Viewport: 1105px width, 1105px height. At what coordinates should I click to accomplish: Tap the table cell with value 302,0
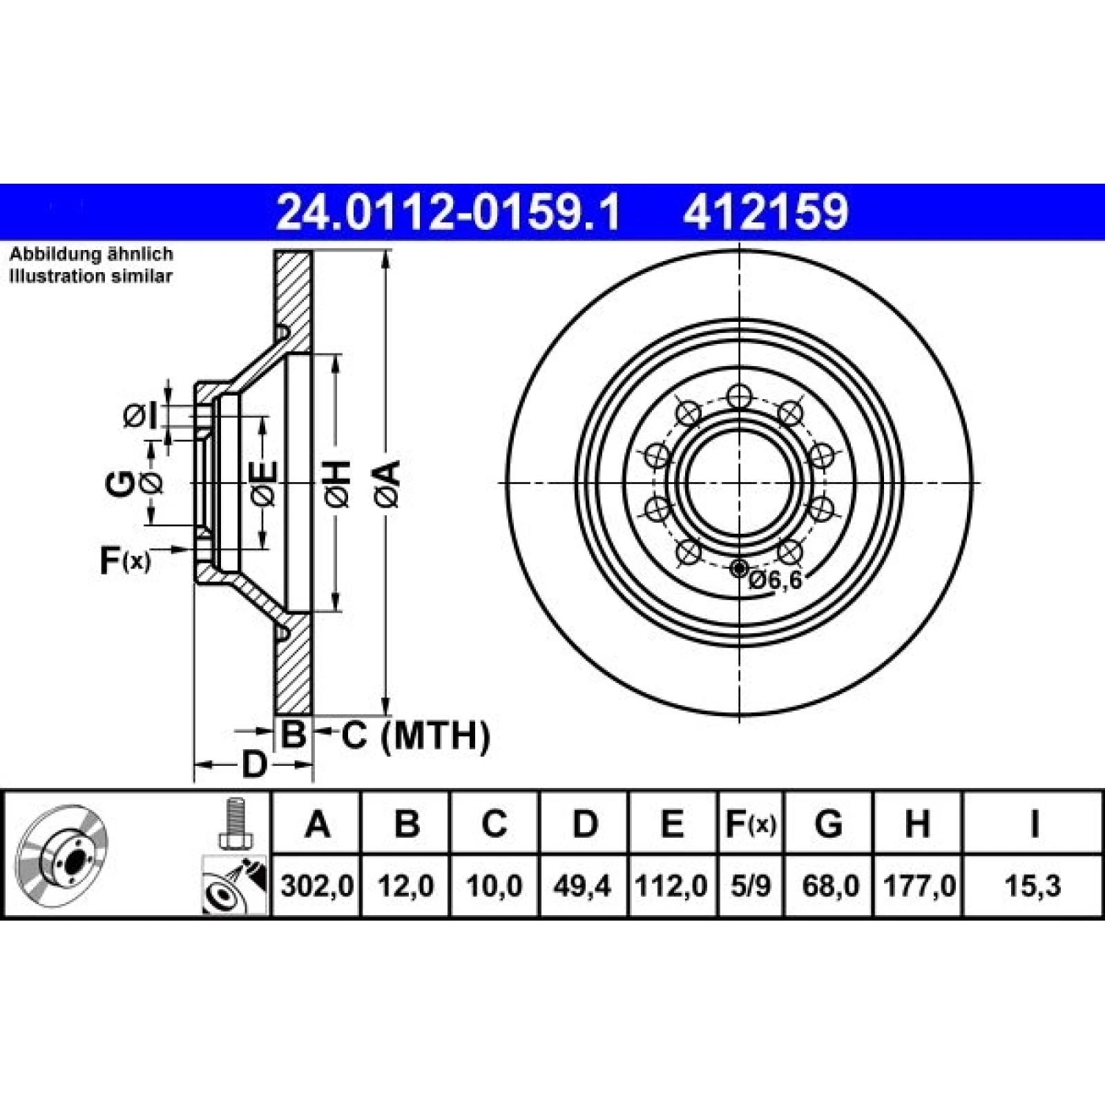tap(317, 885)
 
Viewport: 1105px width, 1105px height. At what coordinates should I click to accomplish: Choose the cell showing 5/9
tap(751, 885)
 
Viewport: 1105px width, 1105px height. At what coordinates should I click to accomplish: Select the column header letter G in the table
tap(829, 823)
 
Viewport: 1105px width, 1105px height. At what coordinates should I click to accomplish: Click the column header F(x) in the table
tap(751, 824)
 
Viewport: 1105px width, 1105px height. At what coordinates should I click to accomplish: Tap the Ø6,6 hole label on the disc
tap(775, 581)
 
